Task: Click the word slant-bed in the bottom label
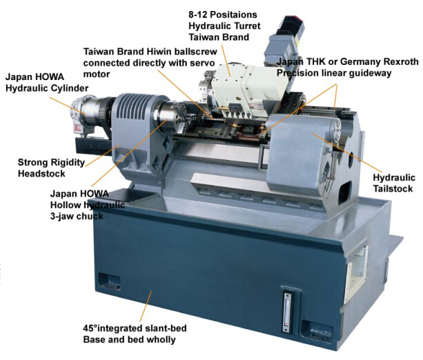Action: (165, 328)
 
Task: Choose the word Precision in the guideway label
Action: (300, 73)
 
